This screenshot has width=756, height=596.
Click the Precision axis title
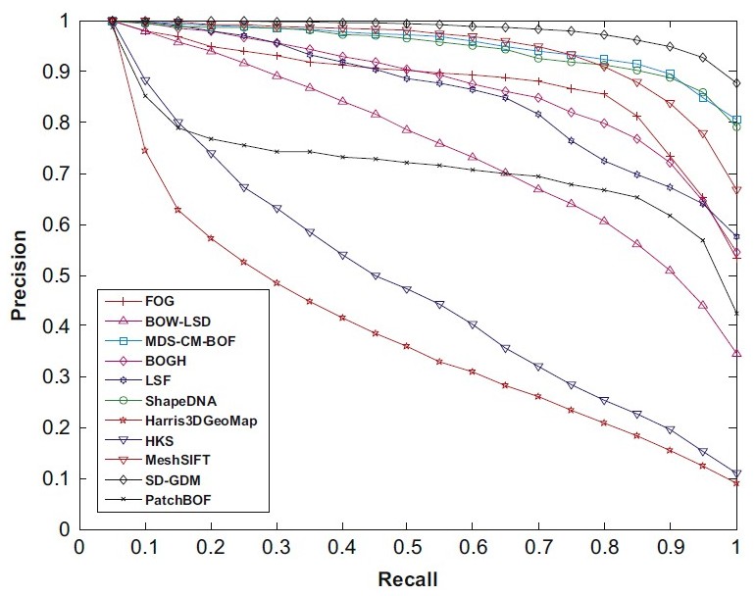19,275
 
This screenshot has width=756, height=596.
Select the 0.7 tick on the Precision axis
58,174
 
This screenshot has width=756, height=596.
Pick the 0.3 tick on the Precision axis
58,377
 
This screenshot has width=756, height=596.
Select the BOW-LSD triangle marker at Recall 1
736,353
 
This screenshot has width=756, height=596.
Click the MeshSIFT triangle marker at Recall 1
736,190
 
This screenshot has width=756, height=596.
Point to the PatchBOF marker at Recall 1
736,314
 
